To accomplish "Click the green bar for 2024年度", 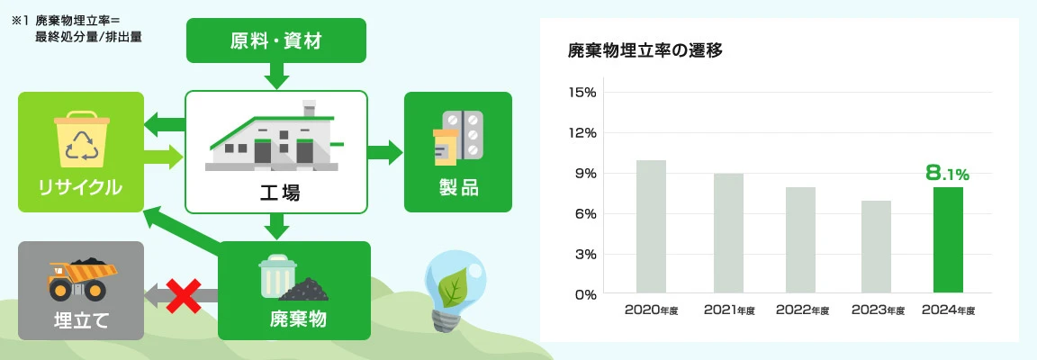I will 948,239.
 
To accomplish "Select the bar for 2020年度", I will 651,226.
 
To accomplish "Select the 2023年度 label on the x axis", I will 878,310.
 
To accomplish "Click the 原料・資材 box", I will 276,40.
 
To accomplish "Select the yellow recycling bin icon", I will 81,140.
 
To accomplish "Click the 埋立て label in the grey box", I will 81,319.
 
